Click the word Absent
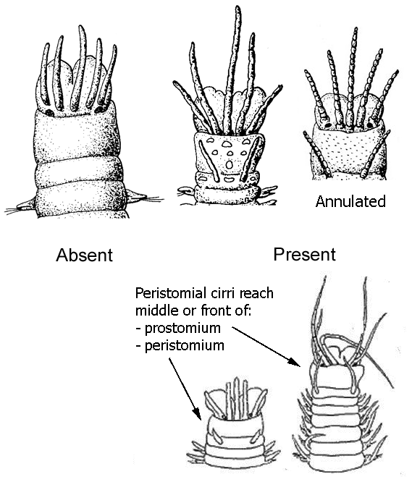pyautogui.click(x=85, y=255)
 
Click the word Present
pyautogui.click(x=304, y=254)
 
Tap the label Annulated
pyautogui.click(x=350, y=201)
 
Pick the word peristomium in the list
pyautogui.click(x=185, y=346)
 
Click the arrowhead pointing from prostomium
pyautogui.click(x=295, y=363)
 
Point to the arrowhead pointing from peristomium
pyautogui.click(x=197, y=414)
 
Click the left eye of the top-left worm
pyautogui.click(x=49, y=112)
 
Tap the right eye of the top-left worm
pyautogui.click(x=100, y=109)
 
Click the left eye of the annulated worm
pyautogui.click(x=327, y=125)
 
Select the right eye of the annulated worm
pyautogui.click(x=370, y=124)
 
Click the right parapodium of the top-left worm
pyautogui.click(x=136, y=197)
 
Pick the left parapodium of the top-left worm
pyautogui.click(x=26, y=205)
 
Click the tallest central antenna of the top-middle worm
pyautogui.click(x=234, y=69)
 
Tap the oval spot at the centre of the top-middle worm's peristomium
pyautogui.click(x=230, y=165)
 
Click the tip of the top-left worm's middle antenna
pyautogui.click(x=80, y=27)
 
